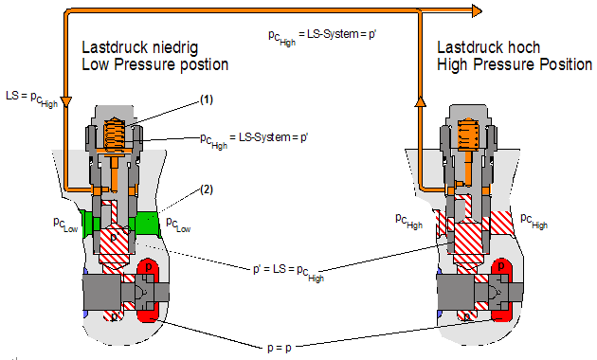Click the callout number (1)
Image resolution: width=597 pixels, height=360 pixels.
207,99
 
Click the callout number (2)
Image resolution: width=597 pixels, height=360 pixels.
207,189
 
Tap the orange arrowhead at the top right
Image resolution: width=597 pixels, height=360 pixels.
477,11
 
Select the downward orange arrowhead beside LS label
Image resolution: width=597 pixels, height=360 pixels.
66,102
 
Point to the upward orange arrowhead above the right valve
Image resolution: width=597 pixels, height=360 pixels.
421,101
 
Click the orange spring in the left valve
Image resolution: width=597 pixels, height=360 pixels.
115,134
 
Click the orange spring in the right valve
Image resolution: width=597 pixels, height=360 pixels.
468,134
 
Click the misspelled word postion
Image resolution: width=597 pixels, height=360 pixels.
204,65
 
